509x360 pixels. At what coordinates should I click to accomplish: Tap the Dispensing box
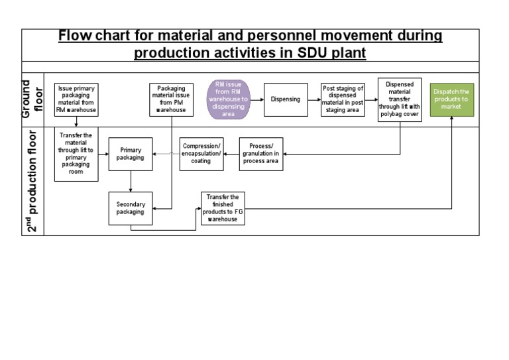point(286,99)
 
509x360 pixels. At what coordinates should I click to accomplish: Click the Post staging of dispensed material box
point(343,99)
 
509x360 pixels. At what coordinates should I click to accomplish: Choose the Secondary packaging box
point(131,208)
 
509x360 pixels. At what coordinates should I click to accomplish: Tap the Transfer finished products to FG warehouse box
point(223,208)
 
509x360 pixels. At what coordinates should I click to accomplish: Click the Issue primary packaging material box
point(77,99)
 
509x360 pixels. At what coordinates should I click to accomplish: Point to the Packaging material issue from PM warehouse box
point(171,99)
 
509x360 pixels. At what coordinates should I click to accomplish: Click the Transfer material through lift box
point(77,154)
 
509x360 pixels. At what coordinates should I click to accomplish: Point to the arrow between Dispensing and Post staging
point(313,99)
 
